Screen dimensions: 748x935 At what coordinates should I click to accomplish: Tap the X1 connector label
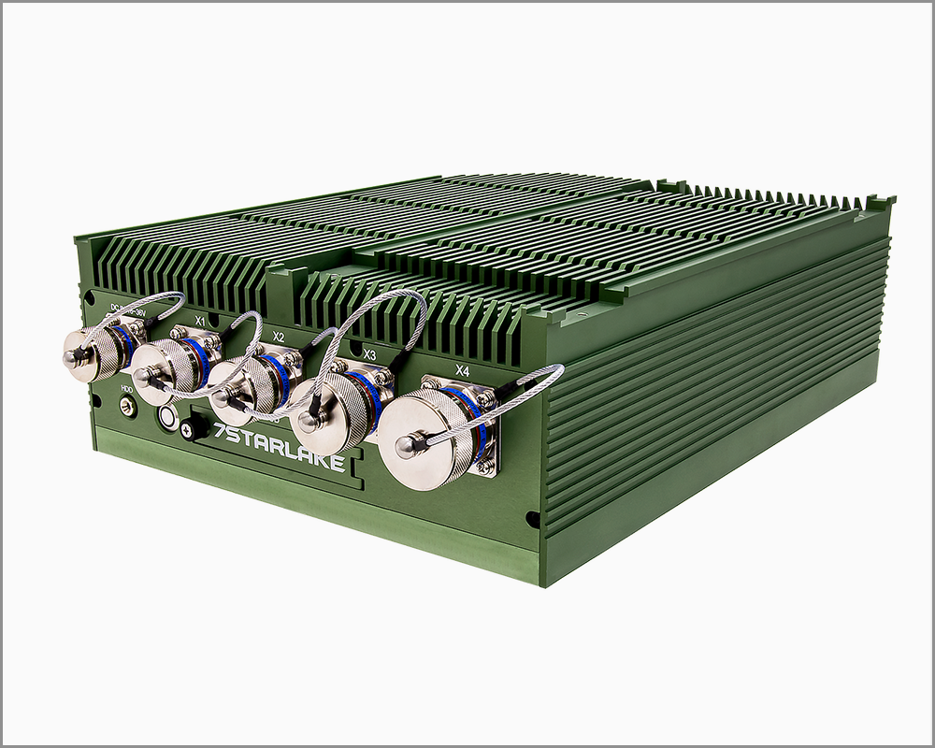click(199, 321)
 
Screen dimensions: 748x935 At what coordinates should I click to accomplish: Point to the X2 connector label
click(278, 336)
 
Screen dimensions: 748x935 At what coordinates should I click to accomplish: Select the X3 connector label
click(369, 355)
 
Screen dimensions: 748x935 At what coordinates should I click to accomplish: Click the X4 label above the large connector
click(462, 370)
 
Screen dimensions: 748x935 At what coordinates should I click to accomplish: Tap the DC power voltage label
click(128, 307)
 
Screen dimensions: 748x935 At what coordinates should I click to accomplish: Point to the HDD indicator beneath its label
click(125, 406)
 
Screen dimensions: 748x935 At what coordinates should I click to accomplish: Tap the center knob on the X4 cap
click(405, 447)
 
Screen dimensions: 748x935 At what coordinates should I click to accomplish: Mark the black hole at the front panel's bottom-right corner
click(532, 517)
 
